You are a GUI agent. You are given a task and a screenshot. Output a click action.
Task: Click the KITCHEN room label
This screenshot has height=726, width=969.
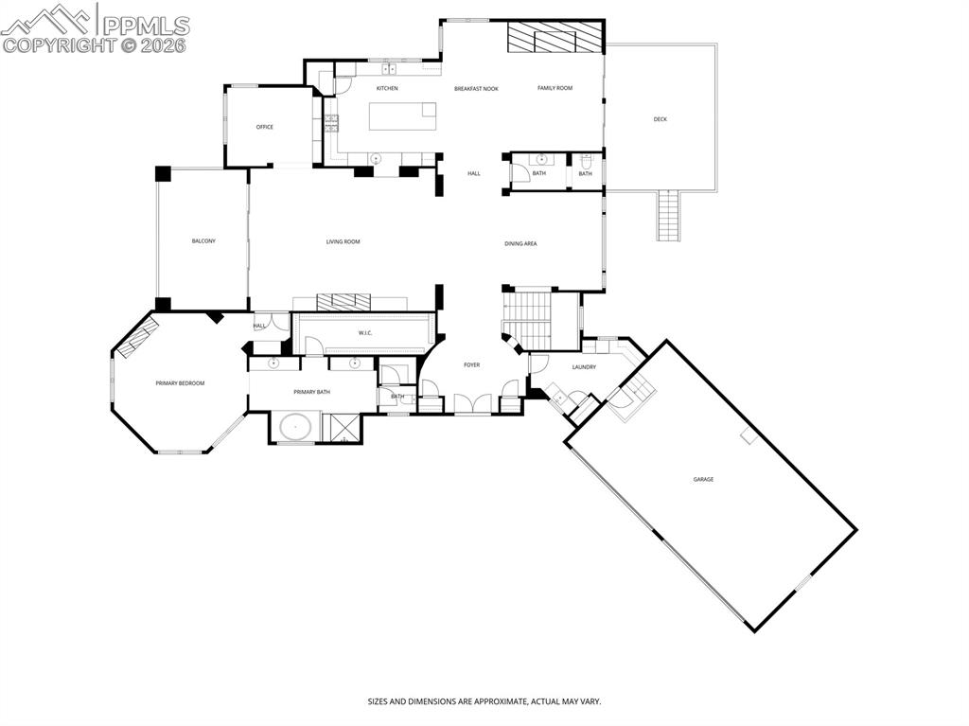click(386, 88)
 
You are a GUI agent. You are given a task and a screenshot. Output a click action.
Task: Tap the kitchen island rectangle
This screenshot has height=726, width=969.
click(402, 115)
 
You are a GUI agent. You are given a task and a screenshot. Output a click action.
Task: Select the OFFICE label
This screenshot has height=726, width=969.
click(265, 127)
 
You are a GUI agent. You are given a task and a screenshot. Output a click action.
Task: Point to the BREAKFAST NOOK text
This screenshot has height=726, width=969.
click(476, 88)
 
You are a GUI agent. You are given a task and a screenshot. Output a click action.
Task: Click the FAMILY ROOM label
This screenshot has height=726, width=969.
click(555, 88)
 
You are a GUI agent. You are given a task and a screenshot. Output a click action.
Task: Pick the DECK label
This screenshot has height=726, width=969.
click(660, 119)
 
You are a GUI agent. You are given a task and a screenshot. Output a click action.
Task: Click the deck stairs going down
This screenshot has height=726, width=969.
click(668, 215)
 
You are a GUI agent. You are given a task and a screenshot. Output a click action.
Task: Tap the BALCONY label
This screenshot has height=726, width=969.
click(203, 241)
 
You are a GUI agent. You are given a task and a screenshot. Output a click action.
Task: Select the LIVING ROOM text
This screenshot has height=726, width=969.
click(343, 242)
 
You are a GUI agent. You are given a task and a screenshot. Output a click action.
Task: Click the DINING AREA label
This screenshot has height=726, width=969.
click(520, 244)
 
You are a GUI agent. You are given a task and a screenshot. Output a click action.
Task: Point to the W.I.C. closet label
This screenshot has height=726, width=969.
click(366, 333)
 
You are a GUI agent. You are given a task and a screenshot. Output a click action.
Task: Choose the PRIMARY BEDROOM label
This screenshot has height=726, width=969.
click(180, 383)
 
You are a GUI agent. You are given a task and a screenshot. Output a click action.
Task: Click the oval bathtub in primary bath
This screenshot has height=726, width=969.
click(295, 426)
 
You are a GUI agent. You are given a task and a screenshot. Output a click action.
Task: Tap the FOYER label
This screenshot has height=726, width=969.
click(471, 365)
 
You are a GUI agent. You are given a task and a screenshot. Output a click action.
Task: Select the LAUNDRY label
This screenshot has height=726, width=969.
click(584, 367)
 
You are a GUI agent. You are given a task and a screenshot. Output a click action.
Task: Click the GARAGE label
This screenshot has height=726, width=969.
click(703, 480)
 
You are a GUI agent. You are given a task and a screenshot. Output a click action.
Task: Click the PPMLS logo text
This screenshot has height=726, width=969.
click(145, 26)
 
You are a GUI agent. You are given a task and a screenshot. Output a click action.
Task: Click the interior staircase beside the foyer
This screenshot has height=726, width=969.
click(534, 320)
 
